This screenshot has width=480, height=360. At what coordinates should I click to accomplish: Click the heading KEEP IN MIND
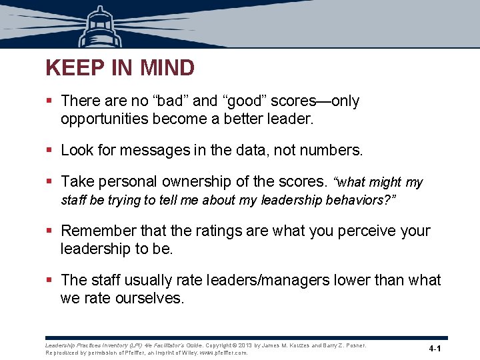(120, 68)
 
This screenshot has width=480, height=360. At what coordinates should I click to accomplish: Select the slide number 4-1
(437, 349)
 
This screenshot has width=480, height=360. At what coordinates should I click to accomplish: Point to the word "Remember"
(99, 231)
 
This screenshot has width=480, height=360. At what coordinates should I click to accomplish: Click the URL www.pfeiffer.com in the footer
(224, 353)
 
